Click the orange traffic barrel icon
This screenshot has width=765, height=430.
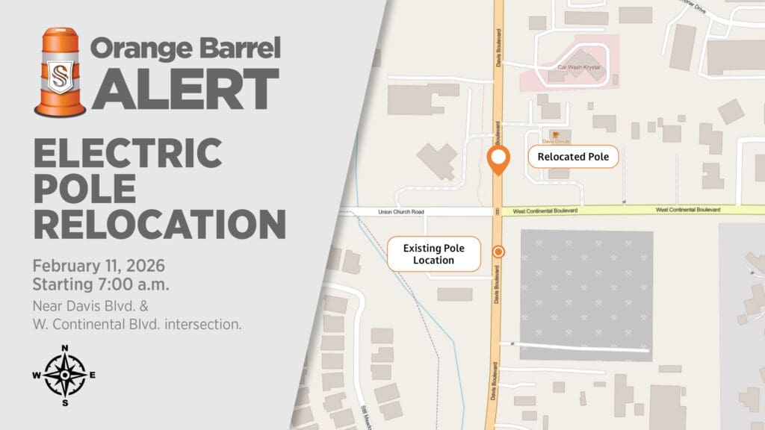tap(60, 72)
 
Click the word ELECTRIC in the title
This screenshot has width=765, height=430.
tap(128, 154)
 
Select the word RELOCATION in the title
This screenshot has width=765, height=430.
tap(159, 224)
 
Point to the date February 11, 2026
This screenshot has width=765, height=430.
tap(99, 266)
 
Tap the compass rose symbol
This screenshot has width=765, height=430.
tap(65, 375)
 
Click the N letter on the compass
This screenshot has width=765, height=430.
tap(65, 348)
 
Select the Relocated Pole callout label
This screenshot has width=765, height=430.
tap(573, 157)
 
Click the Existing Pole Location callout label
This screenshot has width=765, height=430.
tap(433, 254)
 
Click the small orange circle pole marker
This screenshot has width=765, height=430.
tap(498, 252)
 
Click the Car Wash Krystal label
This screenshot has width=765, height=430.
tap(579, 66)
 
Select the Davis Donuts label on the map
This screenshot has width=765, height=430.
tap(555, 140)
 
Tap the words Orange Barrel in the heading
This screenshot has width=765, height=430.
tap(185, 49)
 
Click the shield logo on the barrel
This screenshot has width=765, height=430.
tap(60, 77)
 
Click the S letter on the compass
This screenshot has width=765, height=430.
tap(65, 403)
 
